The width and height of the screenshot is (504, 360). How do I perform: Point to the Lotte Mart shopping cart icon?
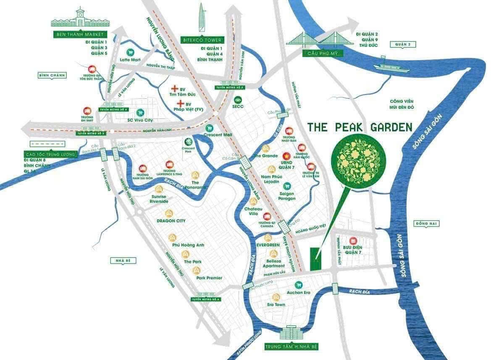(x=130, y=52)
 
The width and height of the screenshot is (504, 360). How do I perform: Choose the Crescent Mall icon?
(x=207, y=128)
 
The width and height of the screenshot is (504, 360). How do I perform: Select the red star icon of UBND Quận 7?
(x=287, y=155)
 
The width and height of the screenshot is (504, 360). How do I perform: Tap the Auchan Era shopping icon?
(x=298, y=284)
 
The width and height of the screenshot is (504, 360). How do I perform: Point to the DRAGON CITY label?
(x=171, y=221)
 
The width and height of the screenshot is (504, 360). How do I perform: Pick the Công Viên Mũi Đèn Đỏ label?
(x=402, y=104)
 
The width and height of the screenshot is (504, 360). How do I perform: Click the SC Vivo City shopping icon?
(x=140, y=112)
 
